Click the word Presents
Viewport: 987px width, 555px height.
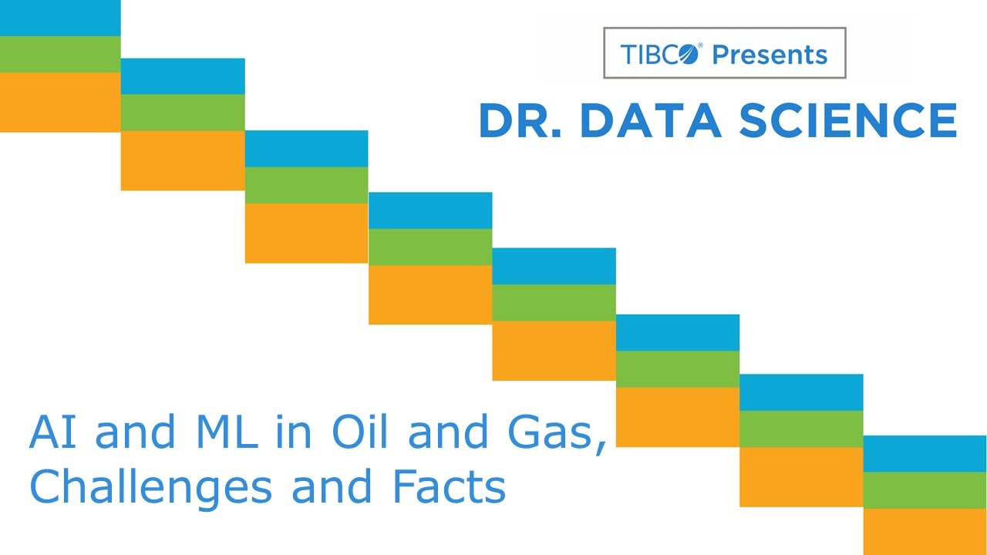pos(770,54)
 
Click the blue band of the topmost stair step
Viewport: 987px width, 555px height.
pos(60,18)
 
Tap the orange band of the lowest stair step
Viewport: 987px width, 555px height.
pos(925,532)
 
